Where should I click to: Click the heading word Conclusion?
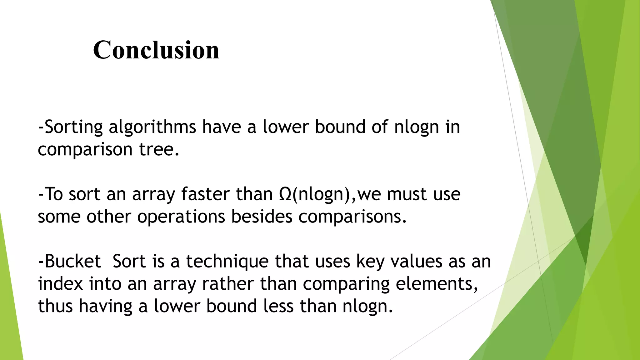pos(156,50)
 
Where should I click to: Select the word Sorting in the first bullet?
pos(74,127)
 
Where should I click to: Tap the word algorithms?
pos(152,127)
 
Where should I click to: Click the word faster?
pos(206,194)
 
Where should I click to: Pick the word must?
pos(407,194)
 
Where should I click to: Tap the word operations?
pos(181,216)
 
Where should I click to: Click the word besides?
pos(262,216)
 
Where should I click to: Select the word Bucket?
pos(73,261)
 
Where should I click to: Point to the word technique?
pos(227,261)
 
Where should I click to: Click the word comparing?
pos(346,284)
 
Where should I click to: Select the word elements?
pos(435,284)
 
